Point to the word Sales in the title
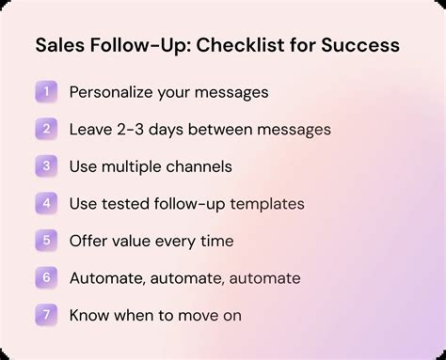pyautogui.click(x=58, y=46)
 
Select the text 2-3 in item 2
pyautogui.click(x=135, y=130)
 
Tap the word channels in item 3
pyautogui.click(x=200, y=166)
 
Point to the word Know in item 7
pyautogui.click(x=89, y=315)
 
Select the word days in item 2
pyautogui.click(x=174, y=130)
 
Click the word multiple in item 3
pyautogui.click(x=135, y=166)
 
